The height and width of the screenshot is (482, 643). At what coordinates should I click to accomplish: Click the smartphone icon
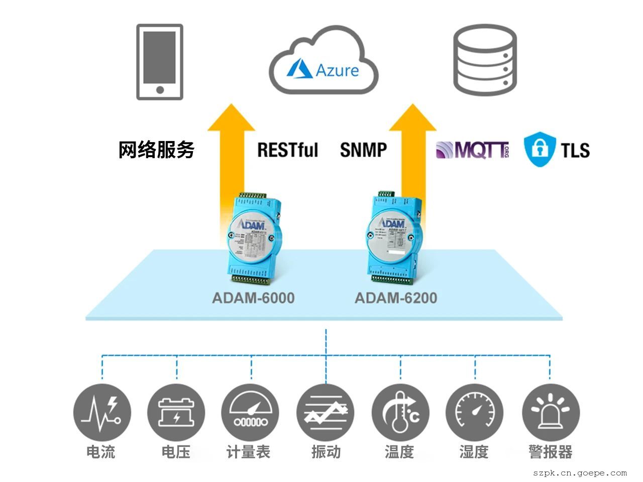click(160, 62)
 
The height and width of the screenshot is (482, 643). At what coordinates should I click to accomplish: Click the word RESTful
click(288, 150)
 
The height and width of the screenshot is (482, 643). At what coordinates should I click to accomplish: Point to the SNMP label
click(363, 150)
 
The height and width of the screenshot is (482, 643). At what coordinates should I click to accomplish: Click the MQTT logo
click(472, 150)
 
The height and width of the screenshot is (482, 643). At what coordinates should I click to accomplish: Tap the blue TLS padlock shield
click(540, 149)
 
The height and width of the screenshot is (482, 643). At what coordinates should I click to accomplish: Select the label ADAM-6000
click(253, 298)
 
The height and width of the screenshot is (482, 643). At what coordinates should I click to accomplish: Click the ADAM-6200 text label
click(396, 298)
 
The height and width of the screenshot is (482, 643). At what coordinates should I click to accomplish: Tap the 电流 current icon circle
click(102, 412)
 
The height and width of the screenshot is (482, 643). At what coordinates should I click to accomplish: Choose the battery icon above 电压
click(176, 412)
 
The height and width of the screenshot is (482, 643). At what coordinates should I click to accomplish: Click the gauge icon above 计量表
click(250, 412)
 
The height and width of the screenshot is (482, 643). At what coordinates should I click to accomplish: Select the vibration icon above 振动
click(326, 412)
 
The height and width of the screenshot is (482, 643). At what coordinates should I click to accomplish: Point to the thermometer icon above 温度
click(400, 412)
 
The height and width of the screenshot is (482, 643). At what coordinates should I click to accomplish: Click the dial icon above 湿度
click(475, 412)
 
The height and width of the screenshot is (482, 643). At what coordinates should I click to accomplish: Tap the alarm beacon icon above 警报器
click(551, 412)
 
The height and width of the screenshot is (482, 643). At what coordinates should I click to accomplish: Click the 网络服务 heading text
click(156, 150)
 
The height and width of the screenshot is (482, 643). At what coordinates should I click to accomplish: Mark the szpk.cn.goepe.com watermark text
click(580, 473)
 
